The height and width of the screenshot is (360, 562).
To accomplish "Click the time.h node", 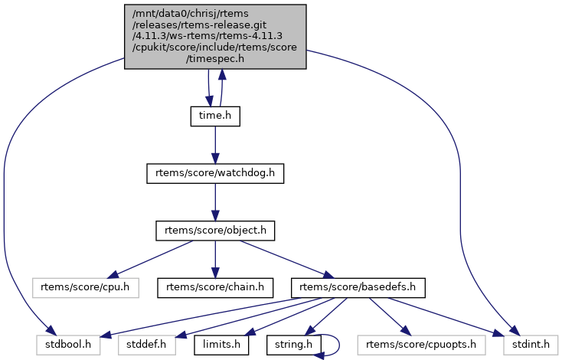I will [215, 116].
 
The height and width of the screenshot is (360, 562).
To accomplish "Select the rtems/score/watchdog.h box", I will [215, 174].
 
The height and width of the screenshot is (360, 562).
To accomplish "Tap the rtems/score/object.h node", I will [215, 230].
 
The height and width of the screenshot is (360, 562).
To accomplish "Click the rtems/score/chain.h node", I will [215, 287].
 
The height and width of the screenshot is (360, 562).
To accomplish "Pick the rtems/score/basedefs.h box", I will [358, 287].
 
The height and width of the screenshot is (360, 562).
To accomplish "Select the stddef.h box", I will [147, 345].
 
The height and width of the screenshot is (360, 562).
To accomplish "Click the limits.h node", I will [221, 345].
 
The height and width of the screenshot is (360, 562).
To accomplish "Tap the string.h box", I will [294, 345].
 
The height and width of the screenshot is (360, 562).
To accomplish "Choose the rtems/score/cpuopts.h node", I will [420, 345].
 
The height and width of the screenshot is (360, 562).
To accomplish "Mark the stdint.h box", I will [526, 345].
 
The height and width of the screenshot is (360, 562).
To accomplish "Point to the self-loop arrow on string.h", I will [337, 345].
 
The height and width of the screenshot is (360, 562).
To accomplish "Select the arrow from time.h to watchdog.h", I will [215, 145].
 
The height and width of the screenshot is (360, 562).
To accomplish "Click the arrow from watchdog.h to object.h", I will [215, 202].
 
